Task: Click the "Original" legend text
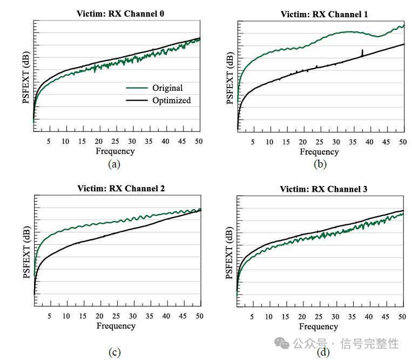[167, 88]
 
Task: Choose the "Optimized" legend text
[171, 100]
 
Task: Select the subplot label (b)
[321, 164]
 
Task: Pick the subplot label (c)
[114, 352]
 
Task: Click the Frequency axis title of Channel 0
[115, 151]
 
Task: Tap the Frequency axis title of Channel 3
[319, 326]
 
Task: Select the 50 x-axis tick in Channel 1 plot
[402, 142]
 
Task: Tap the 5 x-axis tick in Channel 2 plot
[50, 316]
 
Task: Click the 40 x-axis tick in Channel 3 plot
[370, 316]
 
